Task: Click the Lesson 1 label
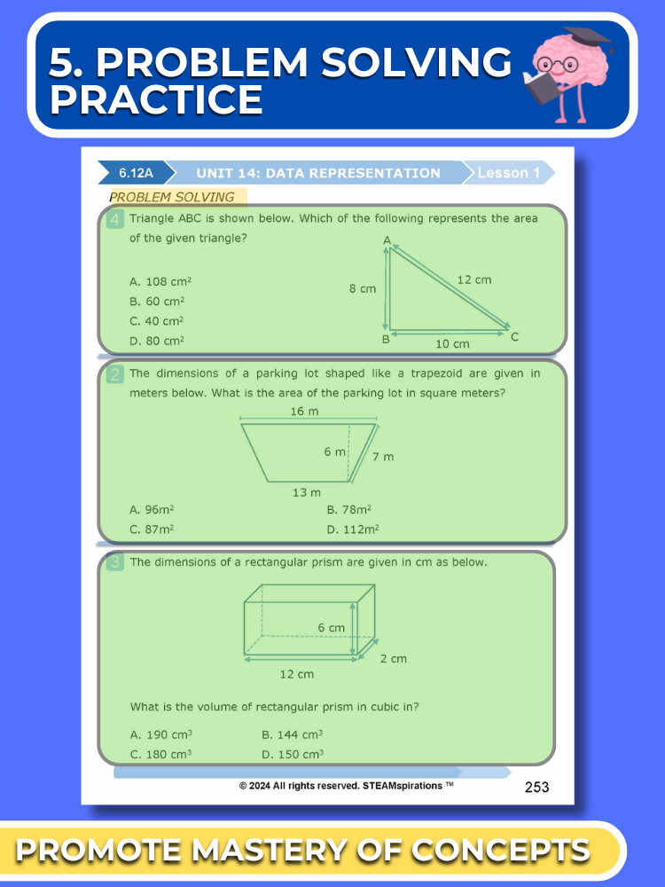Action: (x=508, y=173)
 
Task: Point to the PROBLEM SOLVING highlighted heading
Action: (x=172, y=197)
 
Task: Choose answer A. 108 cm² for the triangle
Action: (x=160, y=281)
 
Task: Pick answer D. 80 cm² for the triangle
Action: (x=157, y=341)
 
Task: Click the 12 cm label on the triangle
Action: (x=474, y=279)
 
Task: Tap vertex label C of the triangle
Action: (x=514, y=336)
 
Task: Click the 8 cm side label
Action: (x=362, y=289)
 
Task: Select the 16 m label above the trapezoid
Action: (x=304, y=411)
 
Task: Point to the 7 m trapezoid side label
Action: (x=382, y=457)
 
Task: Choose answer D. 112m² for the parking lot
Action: (x=353, y=530)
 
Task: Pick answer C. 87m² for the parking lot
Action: (x=152, y=530)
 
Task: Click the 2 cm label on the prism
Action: (x=394, y=658)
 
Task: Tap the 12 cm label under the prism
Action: (x=297, y=674)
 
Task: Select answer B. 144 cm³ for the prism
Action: (x=292, y=734)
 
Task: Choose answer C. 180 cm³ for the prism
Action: (x=160, y=755)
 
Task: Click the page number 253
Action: (x=537, y=787)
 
